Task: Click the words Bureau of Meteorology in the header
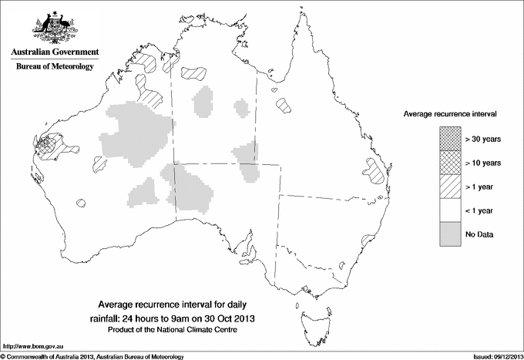(x=54, y=67)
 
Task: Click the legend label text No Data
(x=479, y=234)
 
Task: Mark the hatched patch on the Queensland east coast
(x=375, y=171)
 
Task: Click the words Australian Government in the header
(x=54, y=52)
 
